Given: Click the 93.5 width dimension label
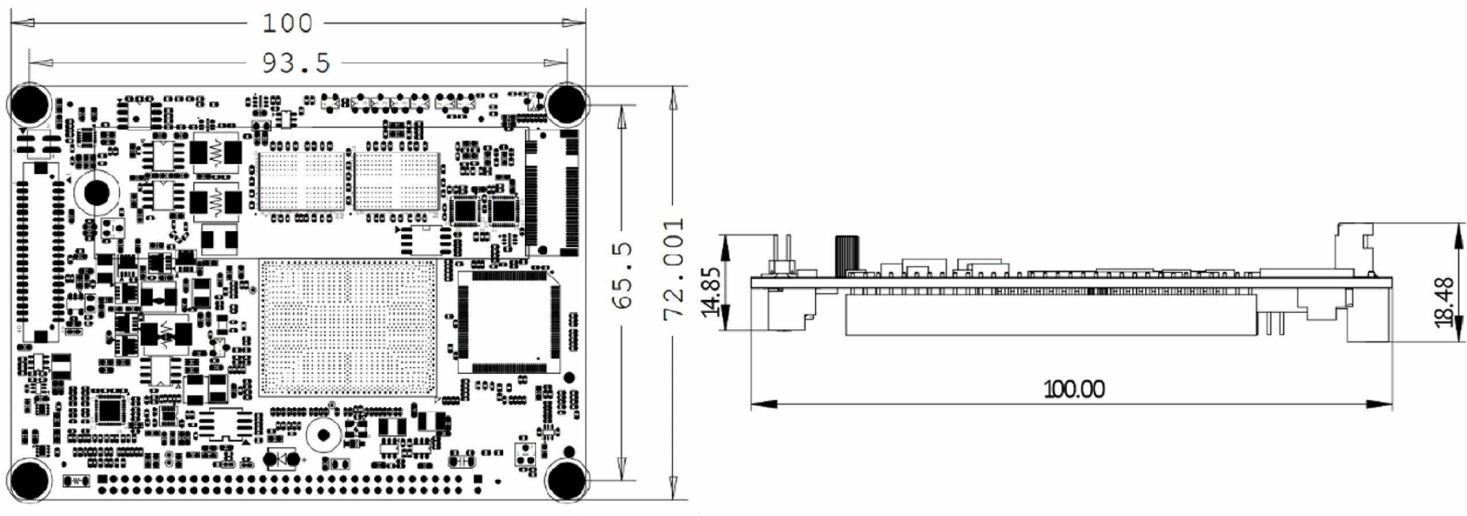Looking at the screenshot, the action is pyautogui.click(x=296, y=63).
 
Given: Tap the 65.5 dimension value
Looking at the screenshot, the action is pyautogui.click(x=623, y=276).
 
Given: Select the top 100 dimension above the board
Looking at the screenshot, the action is pyautogui.click(x=287, y=24).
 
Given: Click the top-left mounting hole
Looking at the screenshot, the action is pyautogui.click(x=29, y=104).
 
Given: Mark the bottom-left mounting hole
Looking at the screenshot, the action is pyautogui.click(x=29, y=479).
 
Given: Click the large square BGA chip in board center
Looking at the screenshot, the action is pyautogui.click(x=348, y=327).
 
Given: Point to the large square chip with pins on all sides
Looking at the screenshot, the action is pyautogui.click(x=509, y=322).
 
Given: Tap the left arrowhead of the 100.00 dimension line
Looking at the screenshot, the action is pyautogui.click(x=763, y=404).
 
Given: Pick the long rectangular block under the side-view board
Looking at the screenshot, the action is pyautogui.click(x=1051, y=314).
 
